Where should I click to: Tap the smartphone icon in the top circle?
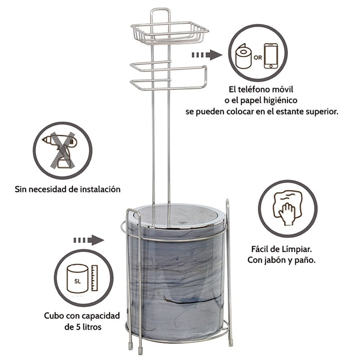tap(271, 56)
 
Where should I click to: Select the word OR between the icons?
tap(258, 58)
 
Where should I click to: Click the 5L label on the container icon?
tap(78, 281)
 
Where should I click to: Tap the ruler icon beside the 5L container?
tap(95, 278)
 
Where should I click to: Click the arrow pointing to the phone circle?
tap(207, 55)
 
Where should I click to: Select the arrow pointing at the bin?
tap(88, 240)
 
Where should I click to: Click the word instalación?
tap(100, 189)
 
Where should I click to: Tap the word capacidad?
tap(101, 316)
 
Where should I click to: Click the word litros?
tap(92, 327)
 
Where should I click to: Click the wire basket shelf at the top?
tap(170, 32)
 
